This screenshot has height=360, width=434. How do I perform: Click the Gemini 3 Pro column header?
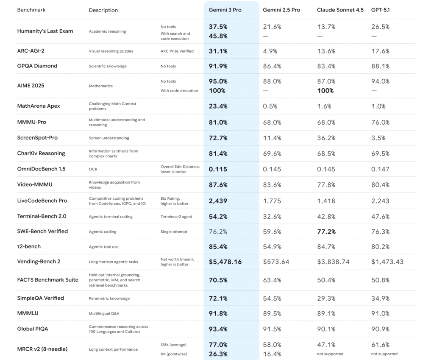[225, 10]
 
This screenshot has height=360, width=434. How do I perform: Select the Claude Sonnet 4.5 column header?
[340, 10]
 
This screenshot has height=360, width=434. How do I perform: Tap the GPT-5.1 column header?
[380, 10]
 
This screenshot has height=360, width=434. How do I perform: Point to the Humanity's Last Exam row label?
[45, 31]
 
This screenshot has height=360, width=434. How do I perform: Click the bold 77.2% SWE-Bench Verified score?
[326, 232]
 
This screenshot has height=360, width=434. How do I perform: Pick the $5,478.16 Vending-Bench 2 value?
[225, 262]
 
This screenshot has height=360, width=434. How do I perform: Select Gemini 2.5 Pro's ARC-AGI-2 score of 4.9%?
[270, 51]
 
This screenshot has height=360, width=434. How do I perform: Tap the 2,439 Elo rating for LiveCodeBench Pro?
[217, 201]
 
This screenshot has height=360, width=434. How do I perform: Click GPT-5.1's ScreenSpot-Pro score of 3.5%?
[378, 138]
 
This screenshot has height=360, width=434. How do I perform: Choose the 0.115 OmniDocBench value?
[218, 169]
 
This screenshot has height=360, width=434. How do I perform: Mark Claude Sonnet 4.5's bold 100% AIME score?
[325, 91]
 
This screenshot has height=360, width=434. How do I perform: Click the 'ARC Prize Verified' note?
[177, 51]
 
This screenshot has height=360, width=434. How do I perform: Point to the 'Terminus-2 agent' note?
[176, 217]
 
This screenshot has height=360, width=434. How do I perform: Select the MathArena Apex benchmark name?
[39, 106]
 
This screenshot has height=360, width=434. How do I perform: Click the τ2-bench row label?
[29, 246]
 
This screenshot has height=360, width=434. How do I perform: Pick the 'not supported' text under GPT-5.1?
[384, 354]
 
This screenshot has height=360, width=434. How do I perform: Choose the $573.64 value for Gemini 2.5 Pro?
[276, 262]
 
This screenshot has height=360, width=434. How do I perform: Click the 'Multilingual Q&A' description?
[104, 314]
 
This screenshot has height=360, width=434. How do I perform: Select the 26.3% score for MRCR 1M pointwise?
[218, 354]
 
